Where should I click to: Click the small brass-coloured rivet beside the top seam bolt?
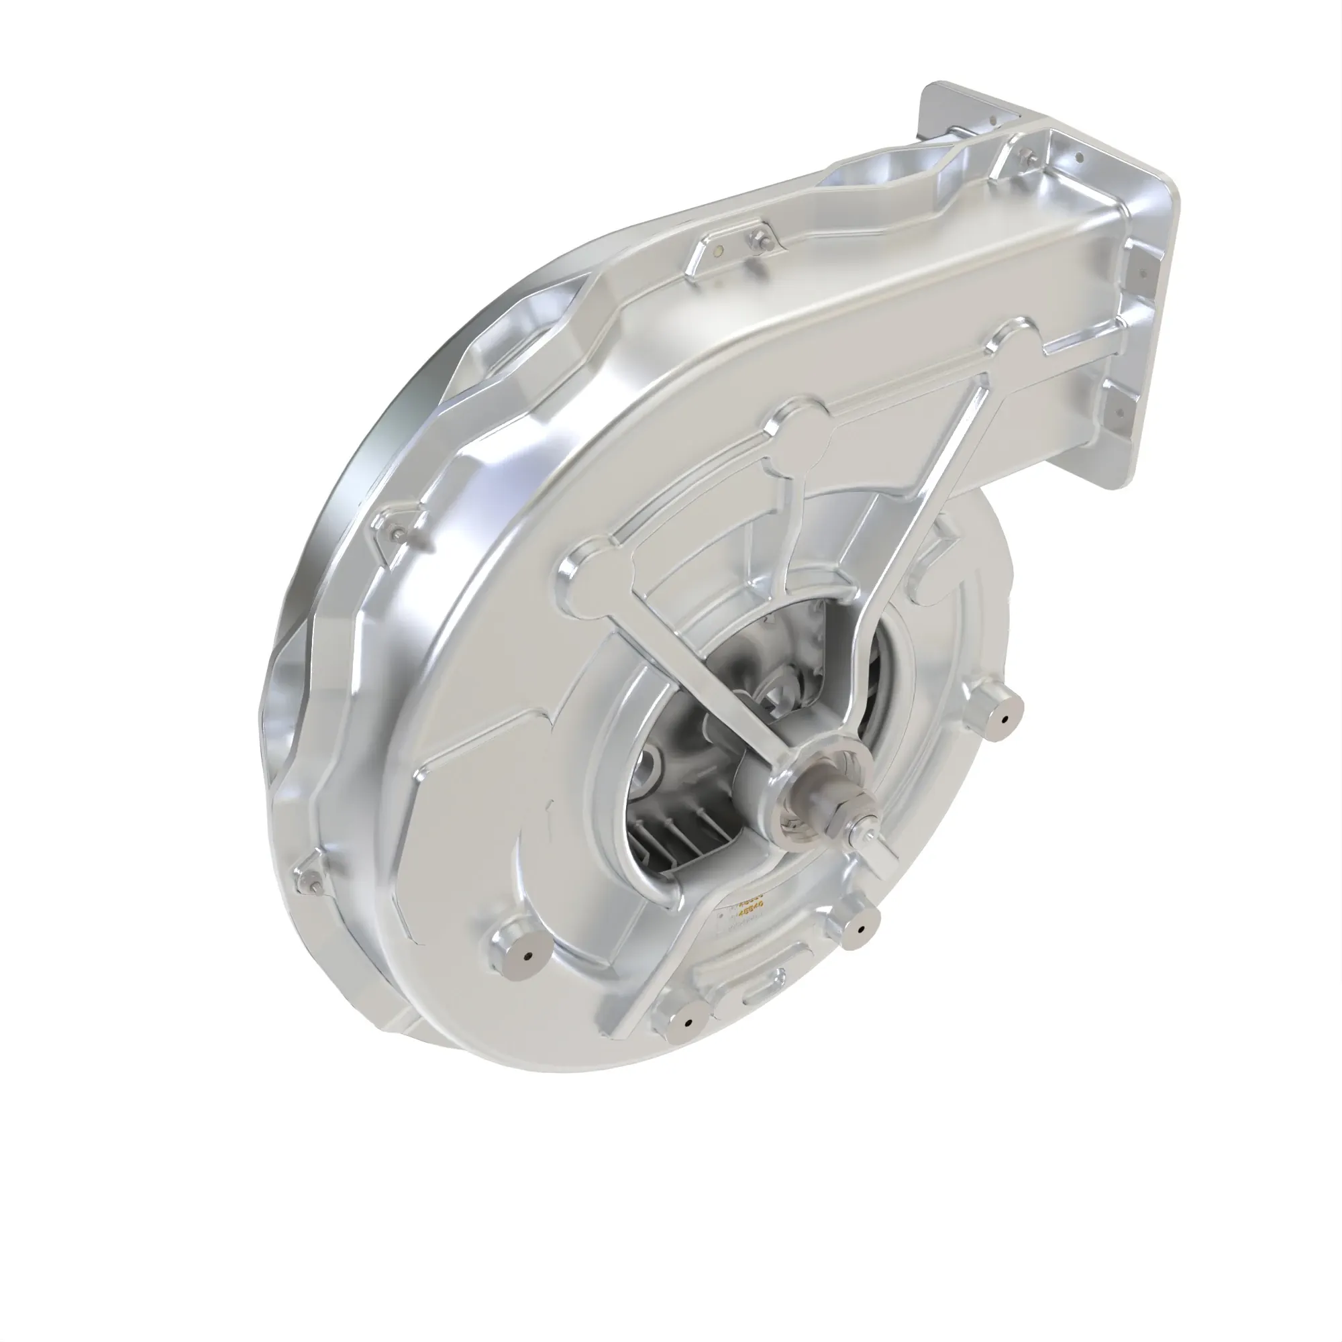tap(719, 249)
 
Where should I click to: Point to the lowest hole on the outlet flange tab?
tap(1119, 413)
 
